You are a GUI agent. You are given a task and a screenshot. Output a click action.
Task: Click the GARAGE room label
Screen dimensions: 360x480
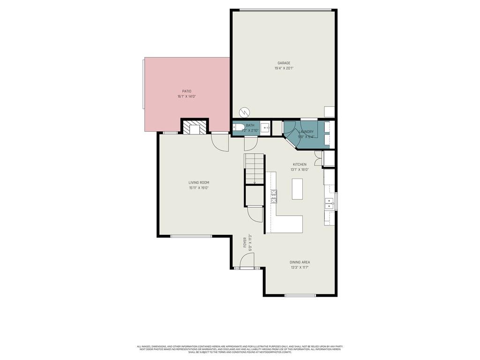pyautogui.click(x=284, y=63)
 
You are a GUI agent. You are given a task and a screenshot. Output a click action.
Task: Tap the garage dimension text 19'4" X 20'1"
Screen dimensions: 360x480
pyautogui.click(x=284, y=68)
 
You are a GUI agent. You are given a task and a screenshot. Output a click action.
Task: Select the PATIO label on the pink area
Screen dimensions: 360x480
pyautogui.click(x=187, y=91)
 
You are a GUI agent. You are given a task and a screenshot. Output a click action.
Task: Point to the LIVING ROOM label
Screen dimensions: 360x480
pyautogui.click(x=199, y=182)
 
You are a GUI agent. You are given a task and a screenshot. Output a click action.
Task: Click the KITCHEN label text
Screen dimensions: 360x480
pyautogui.click(x=300, y=165)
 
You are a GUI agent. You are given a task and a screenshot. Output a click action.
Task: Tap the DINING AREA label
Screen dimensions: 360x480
pyautogui.click(x=300, y=262)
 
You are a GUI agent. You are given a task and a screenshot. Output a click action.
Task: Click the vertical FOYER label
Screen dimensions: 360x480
pyautogui.click(x=245, y=242)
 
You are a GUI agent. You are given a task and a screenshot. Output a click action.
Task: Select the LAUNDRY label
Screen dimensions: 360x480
pyautogui.click(x=306, y=132)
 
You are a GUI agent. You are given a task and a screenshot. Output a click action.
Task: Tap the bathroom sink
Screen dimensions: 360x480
pyautogui.click(x=265, y=127)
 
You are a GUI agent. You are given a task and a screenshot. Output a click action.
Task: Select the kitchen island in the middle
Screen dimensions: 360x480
pyautogui.click(x=297, y=189)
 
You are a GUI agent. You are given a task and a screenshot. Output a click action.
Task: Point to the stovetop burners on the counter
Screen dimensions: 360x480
pyautogui.click(x=274, y=196)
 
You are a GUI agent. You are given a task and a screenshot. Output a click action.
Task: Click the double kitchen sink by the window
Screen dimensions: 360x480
pyautogui.click(x=329, y=203)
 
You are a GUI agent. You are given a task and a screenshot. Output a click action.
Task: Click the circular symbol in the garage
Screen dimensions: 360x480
pyautogui.click(x=244, y=112)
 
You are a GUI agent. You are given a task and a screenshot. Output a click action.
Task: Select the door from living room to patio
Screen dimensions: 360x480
pyautogui.click(x=219, y=141)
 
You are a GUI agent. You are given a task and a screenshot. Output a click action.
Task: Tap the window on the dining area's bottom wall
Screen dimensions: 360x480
pyautogui.click(x=300, y=295)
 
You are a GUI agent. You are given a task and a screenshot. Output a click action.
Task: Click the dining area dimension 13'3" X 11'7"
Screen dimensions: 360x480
pyautogui.click(x=300, y=268)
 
